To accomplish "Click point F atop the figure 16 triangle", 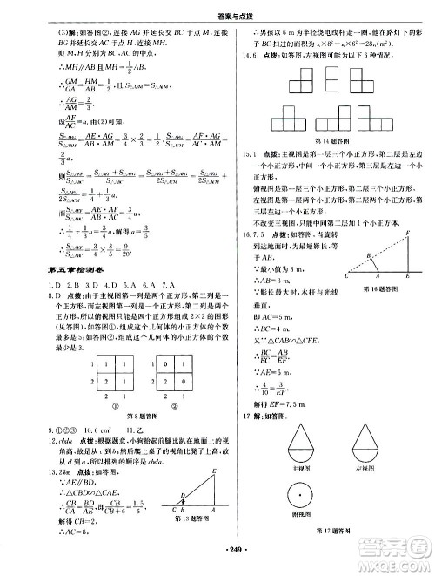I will click(x=409, y=231).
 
